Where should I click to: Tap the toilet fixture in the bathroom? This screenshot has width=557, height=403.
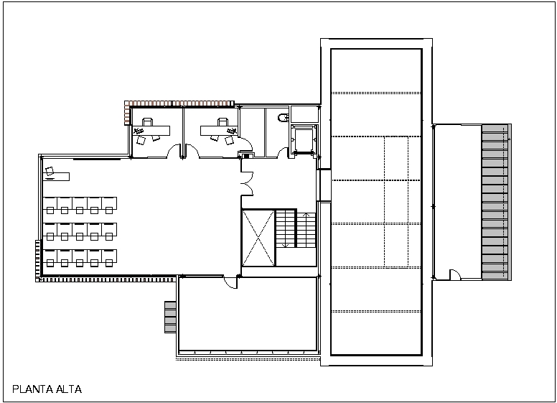click(283, 118)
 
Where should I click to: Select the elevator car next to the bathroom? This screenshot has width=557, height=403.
click(303, 139)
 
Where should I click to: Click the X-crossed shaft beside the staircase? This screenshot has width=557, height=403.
click(258, 238)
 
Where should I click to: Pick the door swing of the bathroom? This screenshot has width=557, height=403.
click(283, 152)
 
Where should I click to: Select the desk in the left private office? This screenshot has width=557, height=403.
click(151, 131)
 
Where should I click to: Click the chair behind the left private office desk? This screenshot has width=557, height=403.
click(147, 122)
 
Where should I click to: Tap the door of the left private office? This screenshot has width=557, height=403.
click(174, 151)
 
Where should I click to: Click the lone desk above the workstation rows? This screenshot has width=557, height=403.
click(56, 176)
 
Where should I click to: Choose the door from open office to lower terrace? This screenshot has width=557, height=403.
click(230, 282)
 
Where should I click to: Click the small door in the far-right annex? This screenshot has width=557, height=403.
click(455, 274)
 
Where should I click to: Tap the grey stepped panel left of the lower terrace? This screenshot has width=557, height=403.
click(170, 317)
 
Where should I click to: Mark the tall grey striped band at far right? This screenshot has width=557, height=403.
click(496, 202)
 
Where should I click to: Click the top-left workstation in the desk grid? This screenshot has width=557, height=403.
click(50, 205)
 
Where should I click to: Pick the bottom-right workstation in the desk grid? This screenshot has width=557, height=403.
click(109, 258)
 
